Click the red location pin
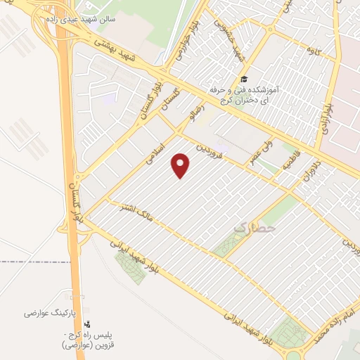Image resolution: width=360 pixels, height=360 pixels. pos(181,165)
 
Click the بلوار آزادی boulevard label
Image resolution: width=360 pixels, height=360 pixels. pos(328,112)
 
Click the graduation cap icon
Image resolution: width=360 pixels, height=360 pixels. pos(244,79)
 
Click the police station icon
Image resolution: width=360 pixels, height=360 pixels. pos(87,324)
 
